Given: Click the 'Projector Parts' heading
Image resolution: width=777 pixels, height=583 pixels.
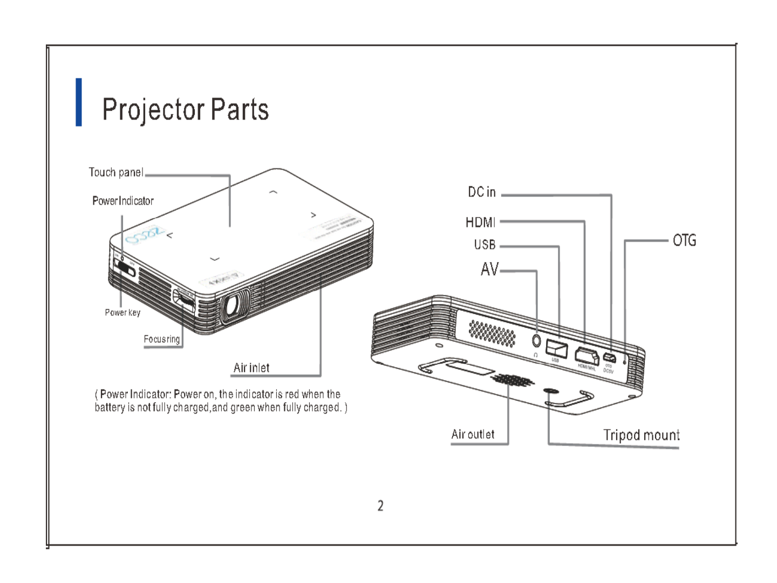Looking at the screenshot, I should point(185,110).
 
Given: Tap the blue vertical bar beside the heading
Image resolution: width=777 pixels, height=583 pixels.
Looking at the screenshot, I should point(79,102).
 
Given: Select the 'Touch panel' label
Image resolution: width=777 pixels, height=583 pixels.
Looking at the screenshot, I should point(116,173).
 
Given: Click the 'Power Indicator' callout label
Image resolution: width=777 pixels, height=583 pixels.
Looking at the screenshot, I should point(123,201).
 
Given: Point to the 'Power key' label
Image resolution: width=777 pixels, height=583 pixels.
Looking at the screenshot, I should point(122,313).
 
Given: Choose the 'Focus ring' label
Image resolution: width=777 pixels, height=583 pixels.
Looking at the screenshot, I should point(161,339).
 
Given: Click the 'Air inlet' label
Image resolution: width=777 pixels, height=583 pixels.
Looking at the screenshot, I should point(251,368).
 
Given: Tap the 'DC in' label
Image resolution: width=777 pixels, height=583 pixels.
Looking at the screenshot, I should point(481,192).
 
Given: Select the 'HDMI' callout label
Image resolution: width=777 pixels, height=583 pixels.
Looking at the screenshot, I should point(480,222).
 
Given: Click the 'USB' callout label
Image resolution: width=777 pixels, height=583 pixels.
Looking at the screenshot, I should point(485,245).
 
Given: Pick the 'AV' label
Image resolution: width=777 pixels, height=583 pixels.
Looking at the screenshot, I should point(490,269).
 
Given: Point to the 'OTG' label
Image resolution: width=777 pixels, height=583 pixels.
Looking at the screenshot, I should point(684,240).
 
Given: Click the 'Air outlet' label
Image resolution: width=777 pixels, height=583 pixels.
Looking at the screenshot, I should point(473,435).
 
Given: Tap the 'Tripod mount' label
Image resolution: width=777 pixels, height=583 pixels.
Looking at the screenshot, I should point(641,435).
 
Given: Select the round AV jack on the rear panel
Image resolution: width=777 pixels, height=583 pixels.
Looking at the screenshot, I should point(536,341).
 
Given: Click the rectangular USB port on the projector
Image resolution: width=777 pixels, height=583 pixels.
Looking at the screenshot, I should point(557,348).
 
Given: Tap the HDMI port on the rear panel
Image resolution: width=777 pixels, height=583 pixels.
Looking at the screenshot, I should point(587,356).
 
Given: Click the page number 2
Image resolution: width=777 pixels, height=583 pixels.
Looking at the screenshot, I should point(380,506).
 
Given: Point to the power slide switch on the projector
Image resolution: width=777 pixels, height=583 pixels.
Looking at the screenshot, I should point(125,268).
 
